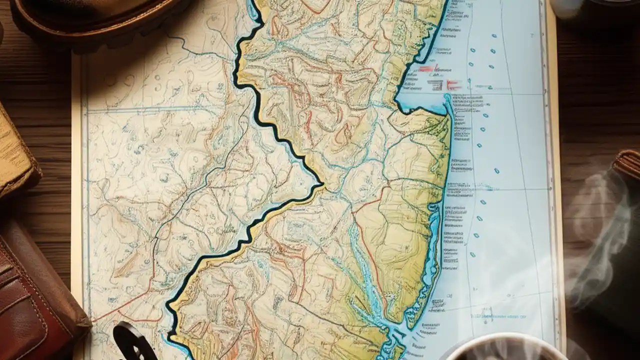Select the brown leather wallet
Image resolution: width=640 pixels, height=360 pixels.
(35, 290)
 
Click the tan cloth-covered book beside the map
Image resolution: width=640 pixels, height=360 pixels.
(15, 155)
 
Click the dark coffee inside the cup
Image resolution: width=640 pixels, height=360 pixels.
(505, 352)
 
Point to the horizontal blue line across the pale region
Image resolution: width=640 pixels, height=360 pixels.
(165, 108)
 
